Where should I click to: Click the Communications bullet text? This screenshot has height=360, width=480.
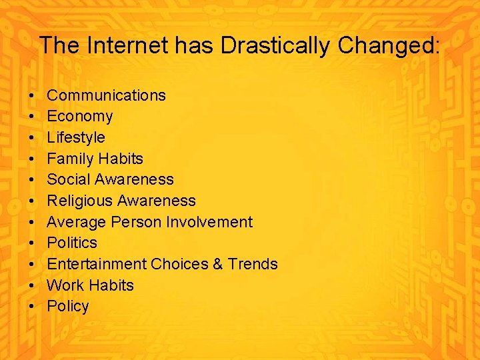coord(106,95)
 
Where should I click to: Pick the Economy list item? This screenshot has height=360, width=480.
coord(79,117)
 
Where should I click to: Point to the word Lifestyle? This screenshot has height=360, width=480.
coord(76,137)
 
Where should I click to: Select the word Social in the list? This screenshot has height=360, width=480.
coord(69,180)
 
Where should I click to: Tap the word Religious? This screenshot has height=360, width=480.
coord(79,201)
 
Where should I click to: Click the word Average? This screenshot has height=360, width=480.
coord(76,222)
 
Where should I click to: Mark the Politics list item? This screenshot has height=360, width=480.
coord(71,243)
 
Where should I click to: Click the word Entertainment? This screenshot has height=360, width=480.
coord(97,264)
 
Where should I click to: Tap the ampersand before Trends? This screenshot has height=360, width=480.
coord(218,264)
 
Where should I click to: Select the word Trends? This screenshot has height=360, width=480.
coord(253,264)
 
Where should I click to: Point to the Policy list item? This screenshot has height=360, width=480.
coord(67,307)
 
